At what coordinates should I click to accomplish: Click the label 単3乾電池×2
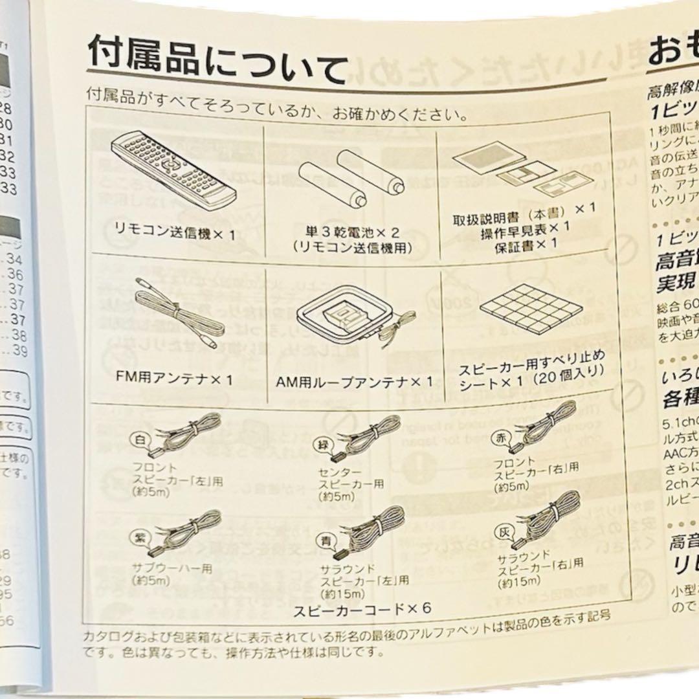click(350, 231)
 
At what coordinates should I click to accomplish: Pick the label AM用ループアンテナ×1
click(354, 382)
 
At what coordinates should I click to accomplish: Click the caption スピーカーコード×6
click(362, 608)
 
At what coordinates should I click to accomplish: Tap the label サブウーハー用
click(163, 568)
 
